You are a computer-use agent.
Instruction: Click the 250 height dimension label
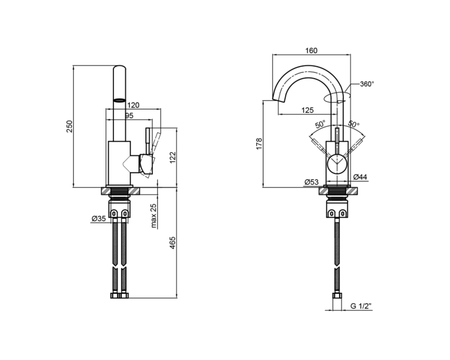click(x=70, y=127)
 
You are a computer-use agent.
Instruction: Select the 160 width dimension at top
click(x=311, y=51)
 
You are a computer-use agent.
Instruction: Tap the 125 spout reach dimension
click(x=308, y=110)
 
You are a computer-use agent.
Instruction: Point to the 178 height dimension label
click(x=259, y=144)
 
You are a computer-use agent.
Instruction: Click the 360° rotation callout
click(x=367, y=84)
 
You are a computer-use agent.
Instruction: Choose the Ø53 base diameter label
click(x=311, y=182)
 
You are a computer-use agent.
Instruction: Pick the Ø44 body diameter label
click(x=360, y=177)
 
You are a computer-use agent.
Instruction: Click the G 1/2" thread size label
click(x=361, y=306)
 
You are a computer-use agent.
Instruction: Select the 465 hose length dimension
click(x=172, y=243)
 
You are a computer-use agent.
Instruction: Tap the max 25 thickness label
click(x=154, y=215)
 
